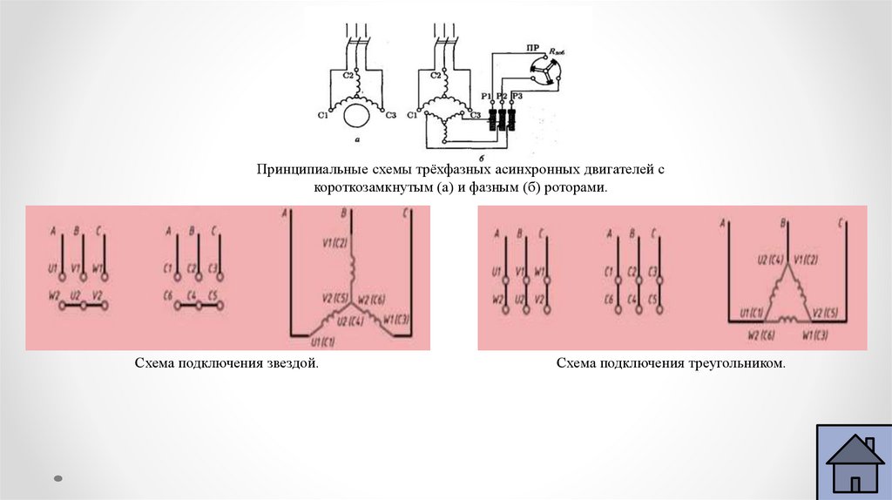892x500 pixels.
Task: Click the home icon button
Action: point(855,463)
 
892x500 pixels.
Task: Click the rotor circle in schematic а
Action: point(355,113)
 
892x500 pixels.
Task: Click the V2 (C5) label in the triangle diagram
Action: point(827,311)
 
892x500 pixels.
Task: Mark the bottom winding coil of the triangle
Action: point(787,321)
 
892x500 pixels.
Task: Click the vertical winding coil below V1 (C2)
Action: point(353,264)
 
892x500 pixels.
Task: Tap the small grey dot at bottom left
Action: point(58,477)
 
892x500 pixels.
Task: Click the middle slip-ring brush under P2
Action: point(503,118)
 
